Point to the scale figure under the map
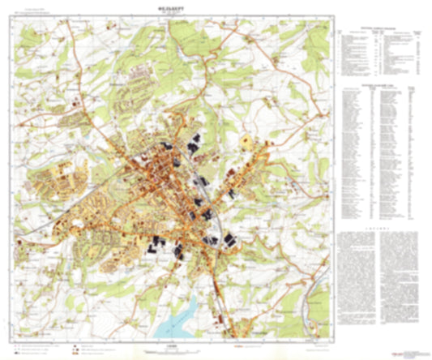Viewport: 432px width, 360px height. (170, 344)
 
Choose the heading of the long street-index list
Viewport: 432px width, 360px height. (378, 84)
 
